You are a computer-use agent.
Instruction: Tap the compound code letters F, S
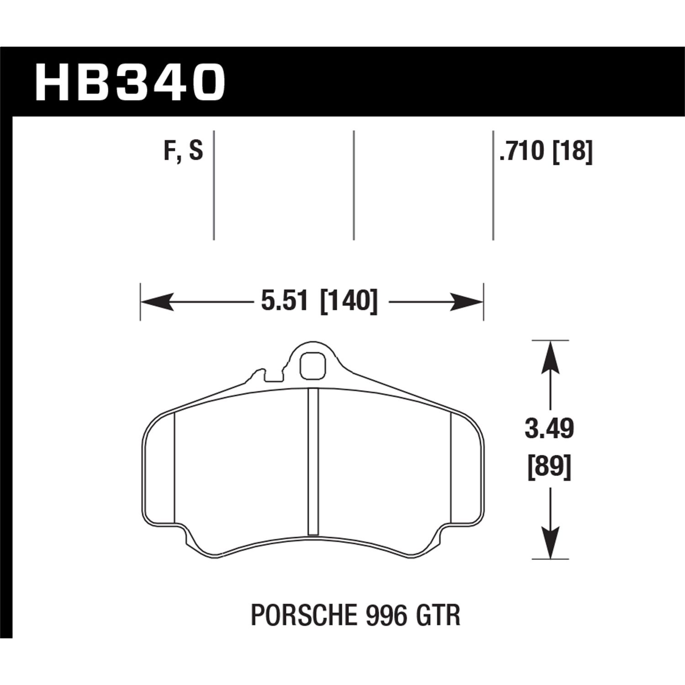tap(183, 151)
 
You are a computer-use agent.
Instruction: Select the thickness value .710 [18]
tap(545, 151)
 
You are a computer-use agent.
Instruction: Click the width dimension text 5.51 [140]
tap(319, 301)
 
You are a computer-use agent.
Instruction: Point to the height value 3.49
tap(549, 429)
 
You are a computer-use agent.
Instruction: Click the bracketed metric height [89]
tap(549, 468)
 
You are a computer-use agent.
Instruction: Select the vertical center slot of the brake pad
tap(313, 461)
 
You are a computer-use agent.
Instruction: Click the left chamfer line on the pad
tap(175, 466)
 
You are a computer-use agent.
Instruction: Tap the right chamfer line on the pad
tap(451, 466)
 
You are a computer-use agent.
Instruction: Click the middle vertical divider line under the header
tap(354, 185)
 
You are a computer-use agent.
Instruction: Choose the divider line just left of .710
tap(493, 185)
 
